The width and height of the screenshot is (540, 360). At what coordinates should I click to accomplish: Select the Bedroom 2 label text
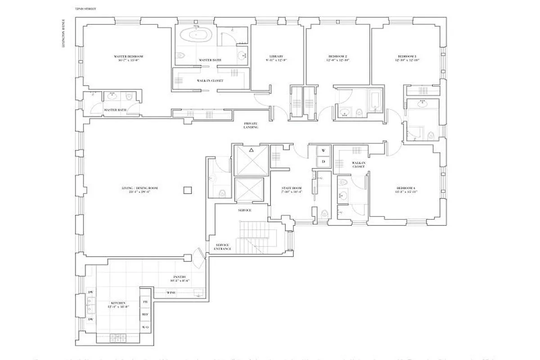click(337, 58)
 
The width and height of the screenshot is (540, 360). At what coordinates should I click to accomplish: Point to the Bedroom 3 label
click(407, 58)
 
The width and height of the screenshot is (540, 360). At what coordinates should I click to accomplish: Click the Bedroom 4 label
click(407, 189)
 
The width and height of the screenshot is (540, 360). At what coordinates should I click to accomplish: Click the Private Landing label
click(251, 125)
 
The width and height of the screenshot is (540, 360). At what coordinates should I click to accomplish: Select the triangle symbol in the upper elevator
click(252, 149)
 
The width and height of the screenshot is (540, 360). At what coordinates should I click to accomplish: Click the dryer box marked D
click(323, 161)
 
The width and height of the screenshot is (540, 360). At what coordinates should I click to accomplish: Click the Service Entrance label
click(223, 247)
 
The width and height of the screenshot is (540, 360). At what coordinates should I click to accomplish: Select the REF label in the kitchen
click(145, 315)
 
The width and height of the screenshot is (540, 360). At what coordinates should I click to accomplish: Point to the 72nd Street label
click(85, 9)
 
